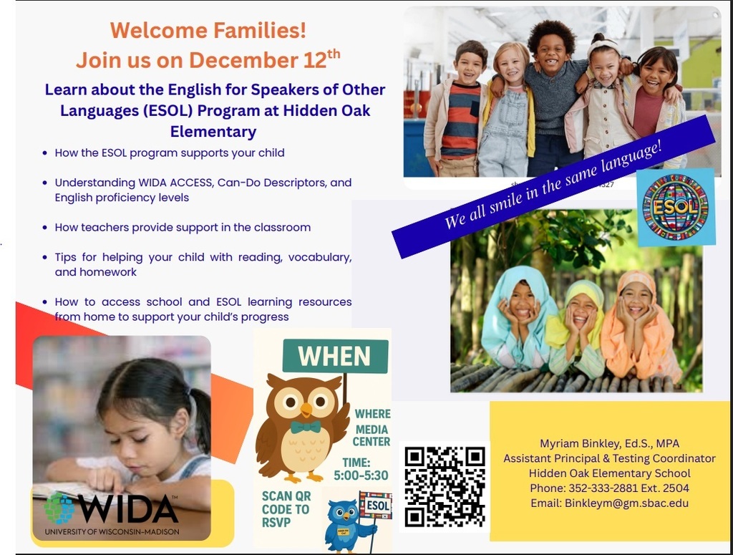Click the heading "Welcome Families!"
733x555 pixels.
point(208,30)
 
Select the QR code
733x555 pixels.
point(445,487)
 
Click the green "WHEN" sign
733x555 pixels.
point(334,356)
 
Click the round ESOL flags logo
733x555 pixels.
point(675,207)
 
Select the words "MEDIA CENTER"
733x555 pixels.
point(372,435)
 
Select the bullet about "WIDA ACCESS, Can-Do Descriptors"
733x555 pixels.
point(203,190)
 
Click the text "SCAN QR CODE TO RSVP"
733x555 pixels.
point(285,509)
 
